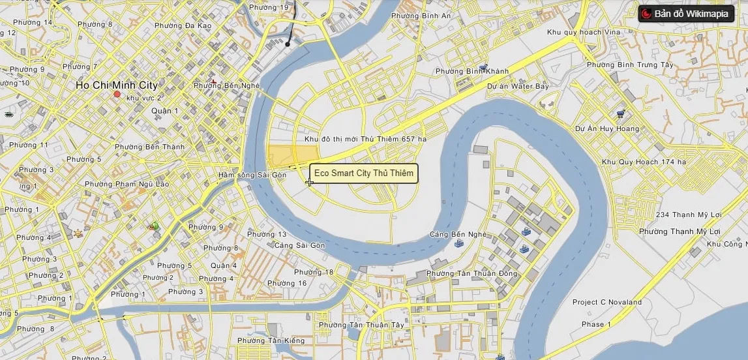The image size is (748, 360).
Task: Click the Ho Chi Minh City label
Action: [x=116, y=85]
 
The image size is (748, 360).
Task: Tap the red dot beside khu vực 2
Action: [x=117, y=95]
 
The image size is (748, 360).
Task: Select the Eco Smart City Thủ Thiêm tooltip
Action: [x=363, y=173]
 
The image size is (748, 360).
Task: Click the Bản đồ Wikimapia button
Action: [x=686, y=14]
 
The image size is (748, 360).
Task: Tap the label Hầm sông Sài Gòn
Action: [x=252, y=175]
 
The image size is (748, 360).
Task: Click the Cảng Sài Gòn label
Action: [x=299, y=245]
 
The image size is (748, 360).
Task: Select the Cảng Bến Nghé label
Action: [x=458, y=234]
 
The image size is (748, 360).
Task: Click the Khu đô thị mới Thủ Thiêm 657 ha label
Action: [x=365, y=139]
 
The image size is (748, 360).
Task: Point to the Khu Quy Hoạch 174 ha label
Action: [x=644, y=162]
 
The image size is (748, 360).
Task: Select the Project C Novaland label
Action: [x=606, y=302]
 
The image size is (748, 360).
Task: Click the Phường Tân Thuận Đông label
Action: [x=471, y=273]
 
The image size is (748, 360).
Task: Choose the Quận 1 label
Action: [x=165, y=111]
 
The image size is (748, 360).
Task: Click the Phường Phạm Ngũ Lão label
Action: [x=133, y=184]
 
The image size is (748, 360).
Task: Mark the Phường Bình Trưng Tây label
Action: [x=629, y=65]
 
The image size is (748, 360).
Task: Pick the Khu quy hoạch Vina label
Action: [x=584, y=32]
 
